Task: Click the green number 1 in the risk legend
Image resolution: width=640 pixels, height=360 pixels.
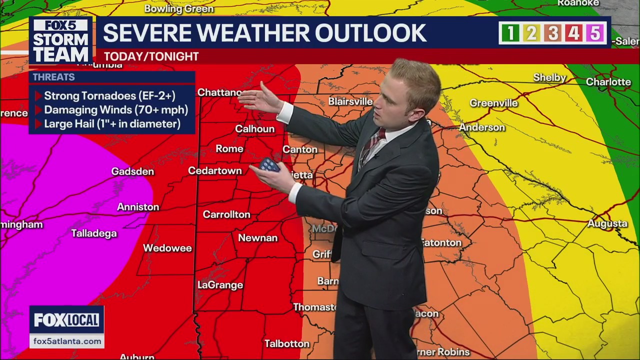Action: pos(510,33)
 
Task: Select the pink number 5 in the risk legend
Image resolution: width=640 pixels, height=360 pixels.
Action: pos(594,33)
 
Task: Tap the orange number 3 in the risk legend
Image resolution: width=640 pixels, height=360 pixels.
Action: pos(552,33)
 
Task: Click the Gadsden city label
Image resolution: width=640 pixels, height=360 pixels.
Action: pos(132,171)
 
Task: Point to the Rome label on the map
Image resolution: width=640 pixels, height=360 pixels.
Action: pos(229,148)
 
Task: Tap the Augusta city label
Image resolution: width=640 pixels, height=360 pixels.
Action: pos(607,223)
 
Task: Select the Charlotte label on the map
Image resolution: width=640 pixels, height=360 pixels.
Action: pos(608,81)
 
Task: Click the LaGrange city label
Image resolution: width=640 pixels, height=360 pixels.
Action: pos(220,285)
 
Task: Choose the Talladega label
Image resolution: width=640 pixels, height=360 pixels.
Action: pos(94,233)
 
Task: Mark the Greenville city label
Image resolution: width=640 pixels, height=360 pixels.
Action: pos(493,103)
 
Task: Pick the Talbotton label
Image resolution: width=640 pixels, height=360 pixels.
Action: pos(287,343)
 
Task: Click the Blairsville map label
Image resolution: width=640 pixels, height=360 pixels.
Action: pos(350,101)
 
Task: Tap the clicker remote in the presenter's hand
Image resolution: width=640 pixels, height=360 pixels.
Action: pos(269,164)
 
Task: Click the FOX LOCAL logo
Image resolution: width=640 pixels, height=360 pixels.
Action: pos(66,320)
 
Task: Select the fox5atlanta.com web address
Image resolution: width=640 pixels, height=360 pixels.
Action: pos(67,341)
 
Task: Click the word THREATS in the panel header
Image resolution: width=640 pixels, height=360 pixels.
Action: pos(53,77)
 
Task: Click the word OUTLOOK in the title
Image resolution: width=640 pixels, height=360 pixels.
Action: pos(370,33)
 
